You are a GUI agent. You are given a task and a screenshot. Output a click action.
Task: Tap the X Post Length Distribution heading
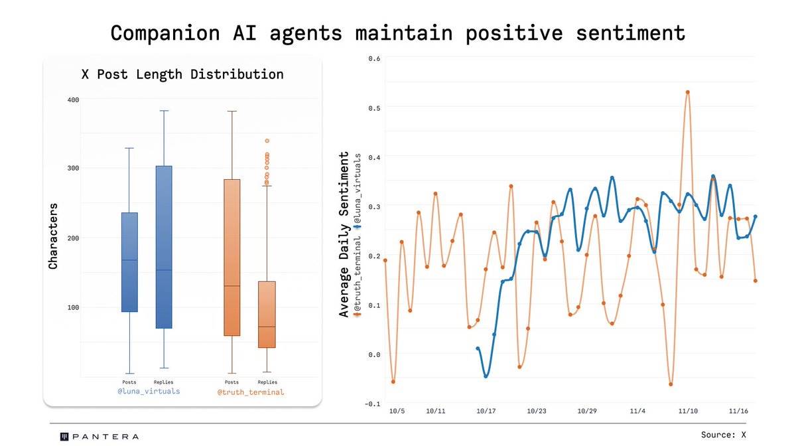click(182, 74)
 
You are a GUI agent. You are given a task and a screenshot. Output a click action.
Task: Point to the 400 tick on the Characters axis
click(72, 100)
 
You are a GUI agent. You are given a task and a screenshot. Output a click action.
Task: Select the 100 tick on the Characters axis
click(72, 307)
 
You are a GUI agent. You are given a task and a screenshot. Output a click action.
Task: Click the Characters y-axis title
click(54, 236)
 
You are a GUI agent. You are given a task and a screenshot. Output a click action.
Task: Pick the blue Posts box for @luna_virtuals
click(129, 261)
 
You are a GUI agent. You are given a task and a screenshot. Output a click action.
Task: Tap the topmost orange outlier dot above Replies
click(267, 141)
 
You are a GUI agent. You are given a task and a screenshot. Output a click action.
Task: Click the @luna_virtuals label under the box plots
click(149, 392)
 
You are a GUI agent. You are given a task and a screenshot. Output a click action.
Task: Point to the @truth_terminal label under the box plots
click(251, 392)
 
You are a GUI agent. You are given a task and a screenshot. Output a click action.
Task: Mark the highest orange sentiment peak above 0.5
click(688, 92)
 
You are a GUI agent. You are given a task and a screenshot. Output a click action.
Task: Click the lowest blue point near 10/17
click(486, 376)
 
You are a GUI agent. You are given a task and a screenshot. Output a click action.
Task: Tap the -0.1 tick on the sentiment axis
click(373, 404)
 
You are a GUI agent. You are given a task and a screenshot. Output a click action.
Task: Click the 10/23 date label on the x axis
click(537, 411)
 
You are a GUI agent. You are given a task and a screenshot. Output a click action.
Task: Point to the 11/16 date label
click(738, 411)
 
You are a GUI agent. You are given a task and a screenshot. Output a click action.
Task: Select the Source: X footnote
click(724, 435)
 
